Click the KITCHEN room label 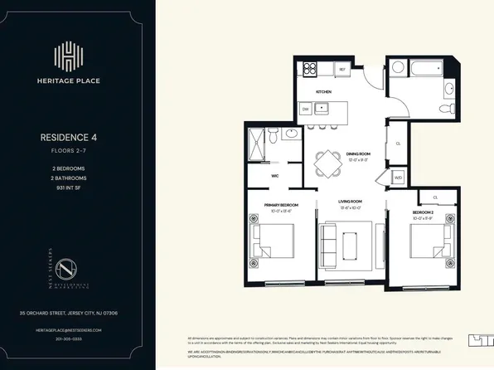pyautogui.click(x=323, y=91)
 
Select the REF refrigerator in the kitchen pyautogui.click(x=341, y=70)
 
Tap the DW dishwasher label pyautogui.click(x=305, y=109)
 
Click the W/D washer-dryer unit pyautogui.click(x=397, y=177)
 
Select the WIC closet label pyautogui.click(x=274, y=176)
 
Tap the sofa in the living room pyautogui.click(x=328, y=246)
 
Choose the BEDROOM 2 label pyautogui.click(x=423, y=213)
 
